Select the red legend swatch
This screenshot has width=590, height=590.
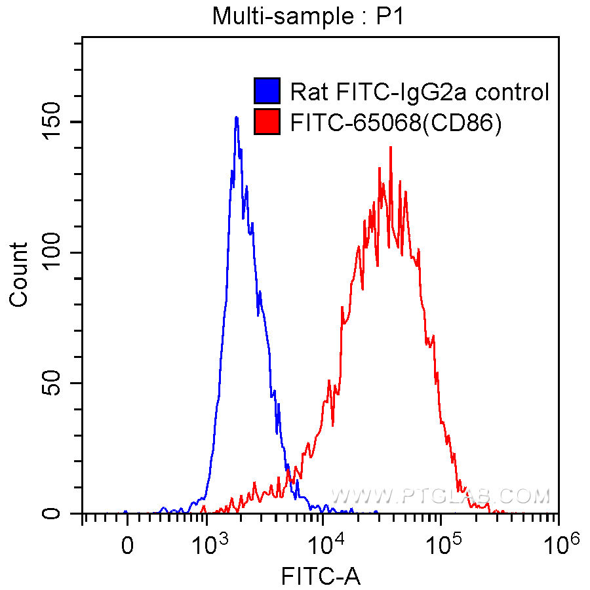click(x=267, y=123)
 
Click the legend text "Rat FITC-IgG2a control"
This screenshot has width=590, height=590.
click(x=420, y=92)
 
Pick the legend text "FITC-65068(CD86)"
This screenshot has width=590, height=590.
click(x=396, y=123)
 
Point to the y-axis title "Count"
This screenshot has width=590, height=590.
click(x=19, y=274)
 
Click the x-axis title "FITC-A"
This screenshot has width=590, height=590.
click(x=321, y=576)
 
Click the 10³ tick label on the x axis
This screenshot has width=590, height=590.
click(x=211, y=543)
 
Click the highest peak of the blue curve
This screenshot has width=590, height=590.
click(x=236, y=118)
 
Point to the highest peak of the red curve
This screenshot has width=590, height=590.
click(x=391, y=147)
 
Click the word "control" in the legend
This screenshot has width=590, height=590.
click(x=512, y=92)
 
